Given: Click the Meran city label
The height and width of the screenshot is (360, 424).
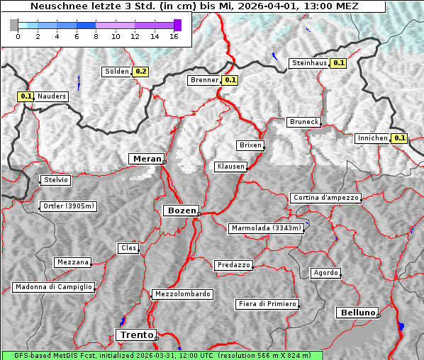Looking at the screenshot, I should pos(147,159).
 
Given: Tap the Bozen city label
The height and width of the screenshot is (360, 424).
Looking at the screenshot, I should pos(181,210).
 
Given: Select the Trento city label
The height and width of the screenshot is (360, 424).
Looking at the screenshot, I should pos(135,334).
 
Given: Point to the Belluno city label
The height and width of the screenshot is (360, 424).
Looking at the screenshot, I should pos(357,312).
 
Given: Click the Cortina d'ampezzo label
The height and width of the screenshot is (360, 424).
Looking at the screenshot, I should pos(325,198).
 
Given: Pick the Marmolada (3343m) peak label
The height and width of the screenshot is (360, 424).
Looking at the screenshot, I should pos(267,228).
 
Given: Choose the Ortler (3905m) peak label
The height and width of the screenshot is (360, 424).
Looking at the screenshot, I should pos(68,207).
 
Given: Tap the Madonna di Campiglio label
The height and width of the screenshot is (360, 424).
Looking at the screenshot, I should pos(53,287).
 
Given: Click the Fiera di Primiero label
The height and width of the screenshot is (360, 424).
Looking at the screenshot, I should pos(267,304).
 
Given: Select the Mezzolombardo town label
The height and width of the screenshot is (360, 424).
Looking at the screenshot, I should pos(182,294).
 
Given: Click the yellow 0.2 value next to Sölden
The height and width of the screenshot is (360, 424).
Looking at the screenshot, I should pos(141,72).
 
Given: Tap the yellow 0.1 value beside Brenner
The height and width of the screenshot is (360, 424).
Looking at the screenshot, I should pos(230,80).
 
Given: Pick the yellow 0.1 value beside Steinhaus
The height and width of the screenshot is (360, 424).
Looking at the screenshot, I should pos(339,63).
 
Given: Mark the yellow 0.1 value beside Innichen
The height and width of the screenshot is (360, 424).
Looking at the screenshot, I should pos(399,138).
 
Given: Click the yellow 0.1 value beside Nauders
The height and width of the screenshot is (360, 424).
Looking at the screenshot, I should pos(26,96).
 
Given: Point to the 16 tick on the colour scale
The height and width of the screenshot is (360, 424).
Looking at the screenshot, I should pos(173,36).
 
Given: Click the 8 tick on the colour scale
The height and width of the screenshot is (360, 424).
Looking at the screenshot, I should pos(96,36).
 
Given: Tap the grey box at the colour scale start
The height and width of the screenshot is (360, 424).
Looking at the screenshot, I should pos(13,25).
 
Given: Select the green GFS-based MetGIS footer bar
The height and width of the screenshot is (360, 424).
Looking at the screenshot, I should pos(162,355).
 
